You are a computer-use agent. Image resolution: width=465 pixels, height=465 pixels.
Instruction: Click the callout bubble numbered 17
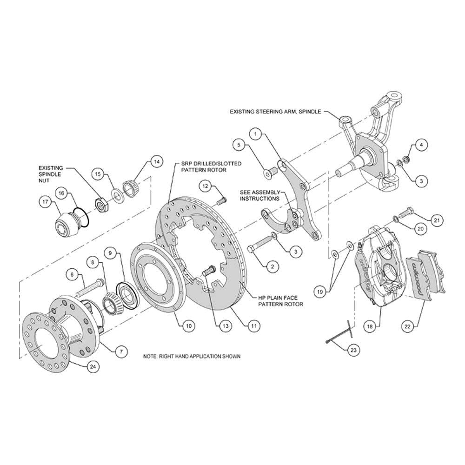point(46,202)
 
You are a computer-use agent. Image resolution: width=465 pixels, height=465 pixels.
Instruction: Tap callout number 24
point(93,366)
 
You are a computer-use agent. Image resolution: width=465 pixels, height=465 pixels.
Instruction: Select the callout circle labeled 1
point(256,134)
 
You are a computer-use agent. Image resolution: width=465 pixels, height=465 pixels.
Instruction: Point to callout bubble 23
point(353,350)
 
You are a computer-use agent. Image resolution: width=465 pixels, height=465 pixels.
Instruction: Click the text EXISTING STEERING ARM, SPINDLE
point(275,112)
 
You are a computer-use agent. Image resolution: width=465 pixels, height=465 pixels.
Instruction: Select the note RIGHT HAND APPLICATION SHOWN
point(192,356)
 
